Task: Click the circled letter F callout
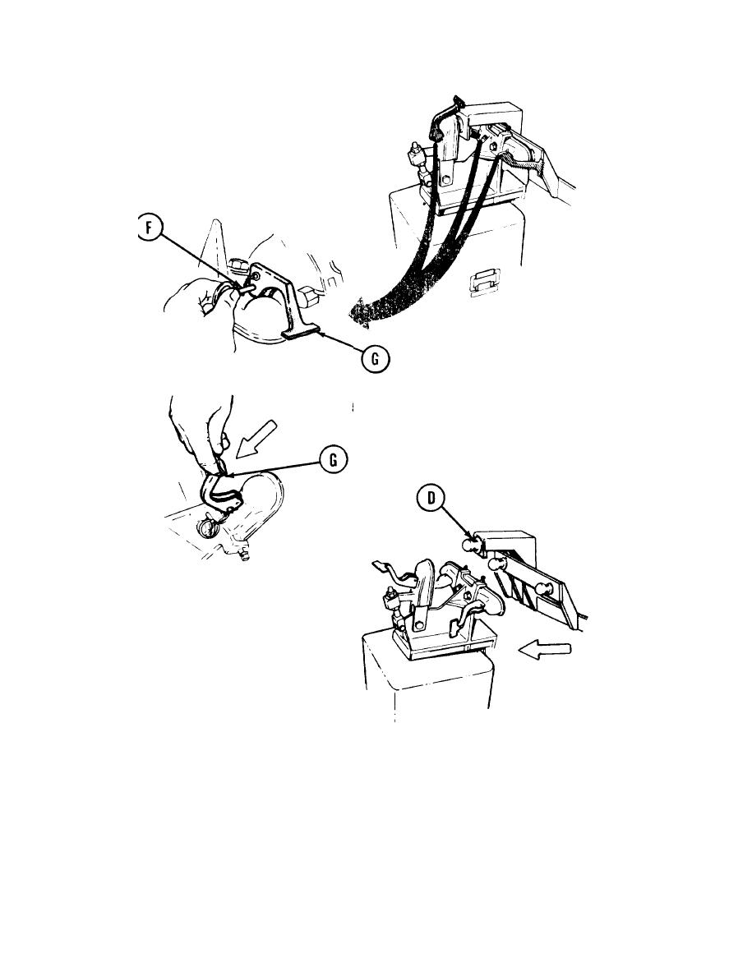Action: pos(150,228)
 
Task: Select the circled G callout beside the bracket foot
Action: pos(376,359)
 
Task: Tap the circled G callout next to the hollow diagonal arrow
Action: pos(333,460)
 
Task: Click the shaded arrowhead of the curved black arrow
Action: pos(360,312)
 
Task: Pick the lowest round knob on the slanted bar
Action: pos(546,589)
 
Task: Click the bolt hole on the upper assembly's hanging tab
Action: pos(445,182)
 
